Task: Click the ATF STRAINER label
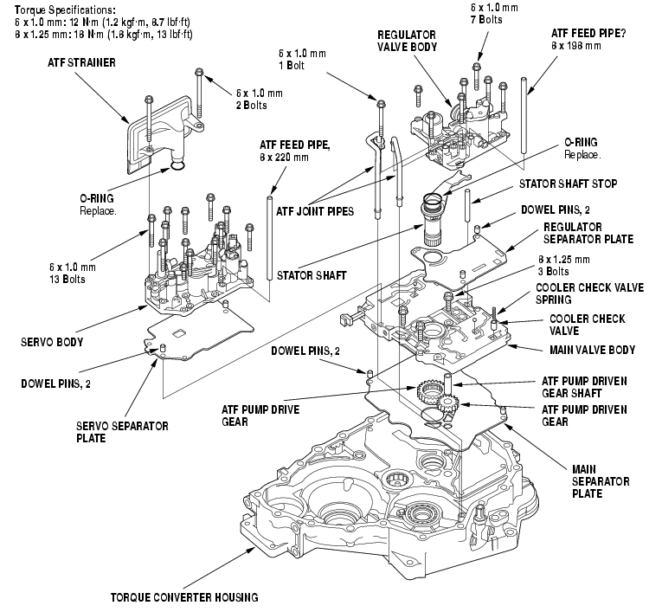tap(84, 63)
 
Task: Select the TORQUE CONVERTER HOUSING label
tap(183, 596)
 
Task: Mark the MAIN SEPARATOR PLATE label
tap(600, 480)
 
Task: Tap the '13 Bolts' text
tap(74, 280)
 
